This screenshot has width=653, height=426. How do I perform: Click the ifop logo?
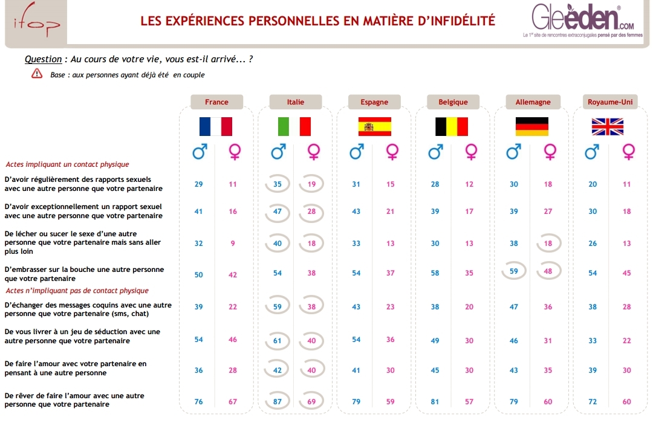pos(36,24)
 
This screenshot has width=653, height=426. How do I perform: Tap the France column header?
pos(216,102)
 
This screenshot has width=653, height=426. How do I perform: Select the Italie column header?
pos(296,102)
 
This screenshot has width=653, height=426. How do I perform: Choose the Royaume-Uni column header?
pos(610,102)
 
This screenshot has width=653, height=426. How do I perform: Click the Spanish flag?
pos(374,126)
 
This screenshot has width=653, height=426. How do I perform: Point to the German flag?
pos(531,126)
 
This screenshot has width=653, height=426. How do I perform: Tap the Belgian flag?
pos(452,126)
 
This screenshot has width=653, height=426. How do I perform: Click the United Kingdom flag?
pos(608,126)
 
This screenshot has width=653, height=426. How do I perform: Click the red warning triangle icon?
pos(37,74)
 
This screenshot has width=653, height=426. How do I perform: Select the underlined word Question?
pos(43,59)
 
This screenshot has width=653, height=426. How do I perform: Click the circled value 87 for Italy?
pos(278,402)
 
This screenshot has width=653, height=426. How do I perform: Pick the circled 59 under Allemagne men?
pos(514,271)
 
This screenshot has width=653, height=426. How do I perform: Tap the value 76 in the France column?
pos(199,402)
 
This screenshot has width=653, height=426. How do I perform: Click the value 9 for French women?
pos(233,244)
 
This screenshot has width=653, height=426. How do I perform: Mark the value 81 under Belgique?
pos(435,402)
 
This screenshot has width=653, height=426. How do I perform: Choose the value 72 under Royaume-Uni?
pos(593,402)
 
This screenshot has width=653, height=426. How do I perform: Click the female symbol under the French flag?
pos(234,152)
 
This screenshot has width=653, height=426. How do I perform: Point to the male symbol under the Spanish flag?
pos(357,152)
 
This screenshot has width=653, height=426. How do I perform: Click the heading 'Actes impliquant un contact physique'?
pos(67,164)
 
